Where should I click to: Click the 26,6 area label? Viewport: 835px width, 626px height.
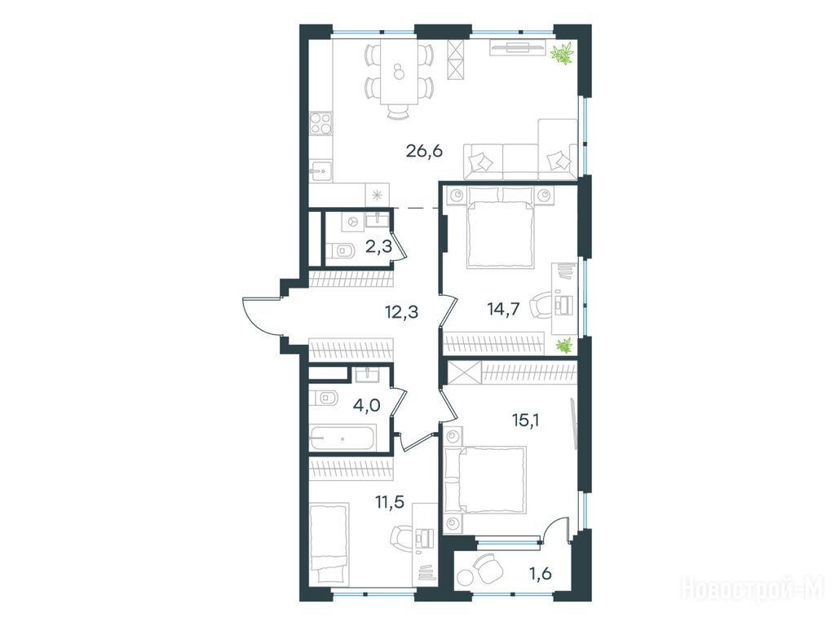point(424,151)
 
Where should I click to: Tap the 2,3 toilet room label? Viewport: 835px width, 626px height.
point(378,246)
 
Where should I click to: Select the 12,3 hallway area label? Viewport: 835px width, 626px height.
point(401,311)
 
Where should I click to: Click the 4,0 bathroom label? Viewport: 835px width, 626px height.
point(366,406)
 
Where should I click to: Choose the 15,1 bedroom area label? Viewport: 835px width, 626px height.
point(526,421)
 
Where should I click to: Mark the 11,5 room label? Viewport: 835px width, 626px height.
point(389,501)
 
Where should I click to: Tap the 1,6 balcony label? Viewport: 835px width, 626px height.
point(541,573)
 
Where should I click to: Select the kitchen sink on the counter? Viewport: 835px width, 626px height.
point(320,170)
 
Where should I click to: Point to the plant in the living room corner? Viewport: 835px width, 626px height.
point(563,54)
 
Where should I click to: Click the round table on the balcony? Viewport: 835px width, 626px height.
point(466,578)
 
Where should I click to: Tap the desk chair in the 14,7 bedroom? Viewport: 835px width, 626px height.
point(542,306)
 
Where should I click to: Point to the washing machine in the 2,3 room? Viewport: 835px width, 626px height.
point(352,221)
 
